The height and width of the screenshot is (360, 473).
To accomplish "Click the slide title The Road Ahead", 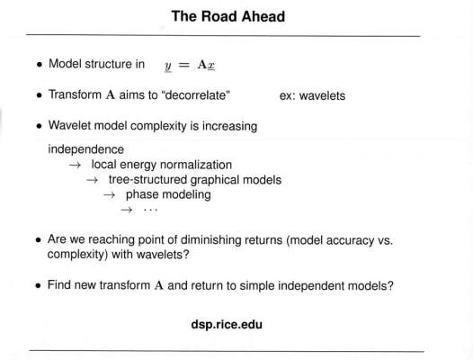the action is [228, 16].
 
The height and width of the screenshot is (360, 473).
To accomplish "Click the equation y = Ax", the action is [190, 65].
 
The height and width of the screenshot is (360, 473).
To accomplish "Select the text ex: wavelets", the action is [312, 95].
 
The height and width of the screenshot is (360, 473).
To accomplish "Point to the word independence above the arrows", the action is [86, 149].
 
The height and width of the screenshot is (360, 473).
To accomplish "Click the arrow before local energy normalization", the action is [75, 166].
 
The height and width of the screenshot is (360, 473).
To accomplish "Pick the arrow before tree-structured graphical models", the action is [92, 180].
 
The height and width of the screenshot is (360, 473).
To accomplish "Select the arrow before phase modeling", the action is [109, 195].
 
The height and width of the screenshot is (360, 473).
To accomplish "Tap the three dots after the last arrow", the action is [150, 210].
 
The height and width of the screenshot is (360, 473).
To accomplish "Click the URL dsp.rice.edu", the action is [227, 324].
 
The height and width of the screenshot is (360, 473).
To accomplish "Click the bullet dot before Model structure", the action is [39, 64].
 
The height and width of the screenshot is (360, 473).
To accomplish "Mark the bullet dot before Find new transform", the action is [38, 285].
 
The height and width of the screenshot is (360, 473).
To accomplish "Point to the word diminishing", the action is [210, 240].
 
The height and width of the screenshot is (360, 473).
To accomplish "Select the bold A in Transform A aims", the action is [111, 95].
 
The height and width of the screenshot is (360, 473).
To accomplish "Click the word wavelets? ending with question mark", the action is [163, 255].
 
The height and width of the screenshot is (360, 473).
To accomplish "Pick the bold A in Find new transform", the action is [158, 285].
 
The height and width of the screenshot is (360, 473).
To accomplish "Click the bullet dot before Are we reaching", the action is [38, 240].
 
